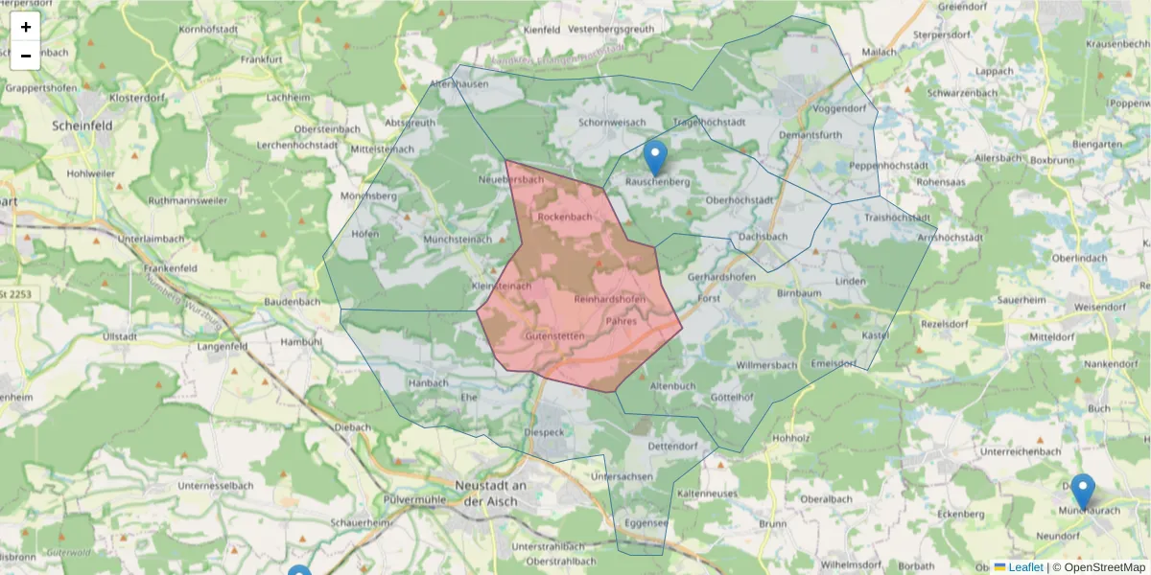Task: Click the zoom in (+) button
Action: [x=26, y=27]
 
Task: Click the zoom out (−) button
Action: [x=26, y=56]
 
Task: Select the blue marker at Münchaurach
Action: [x=1082, y=492]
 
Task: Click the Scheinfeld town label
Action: [x=82, y=126]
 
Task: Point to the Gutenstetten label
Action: [x=555, y=336]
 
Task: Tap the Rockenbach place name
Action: [x=564, y=217]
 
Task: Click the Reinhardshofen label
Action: [x=609, y=300]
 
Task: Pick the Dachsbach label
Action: [x=763, y=237]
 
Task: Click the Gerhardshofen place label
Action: [x=721, y=277]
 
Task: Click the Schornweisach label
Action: [x=612, y=123]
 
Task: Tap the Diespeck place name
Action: [x=545, y=432]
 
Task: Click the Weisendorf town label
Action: [x=1101, y=307]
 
